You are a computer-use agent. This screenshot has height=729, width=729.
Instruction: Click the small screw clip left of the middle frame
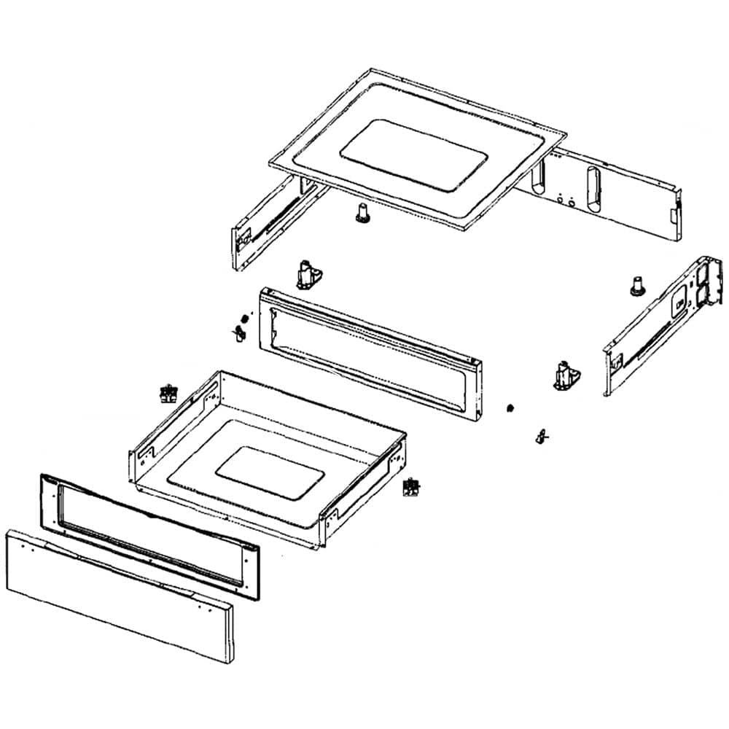click(238, 334)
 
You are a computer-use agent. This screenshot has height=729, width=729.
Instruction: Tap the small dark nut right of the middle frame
click(511, 406)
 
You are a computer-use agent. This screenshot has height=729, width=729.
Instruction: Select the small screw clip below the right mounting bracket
click(541, 436)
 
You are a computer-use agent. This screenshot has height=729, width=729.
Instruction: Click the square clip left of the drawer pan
click(169, 394)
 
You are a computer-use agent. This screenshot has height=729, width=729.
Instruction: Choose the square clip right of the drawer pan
click(413, 487)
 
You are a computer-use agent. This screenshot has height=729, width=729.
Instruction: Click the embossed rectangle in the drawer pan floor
click(270, 473)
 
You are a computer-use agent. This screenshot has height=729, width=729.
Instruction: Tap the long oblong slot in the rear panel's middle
click(588, 186)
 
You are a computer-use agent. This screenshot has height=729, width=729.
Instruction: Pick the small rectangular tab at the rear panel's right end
click(671, 214)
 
